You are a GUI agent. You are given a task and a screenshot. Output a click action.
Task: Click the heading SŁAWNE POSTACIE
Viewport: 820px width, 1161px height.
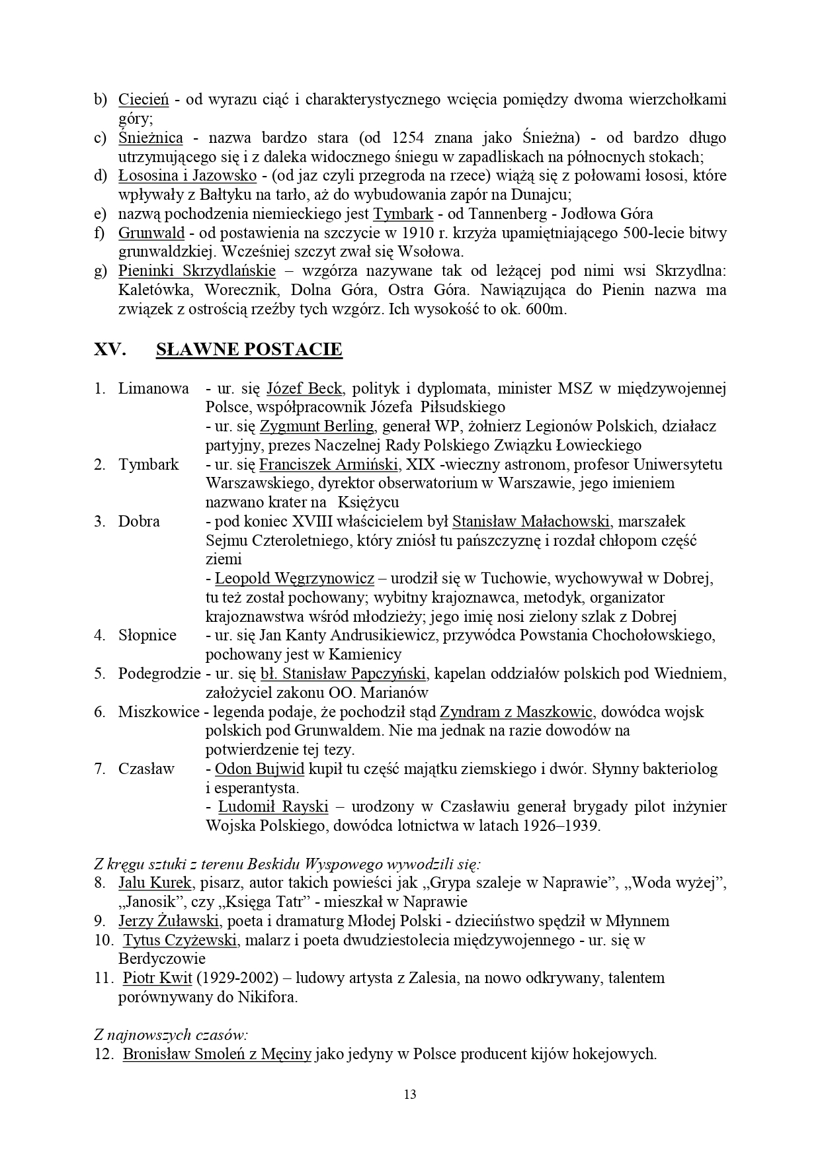[249, 350]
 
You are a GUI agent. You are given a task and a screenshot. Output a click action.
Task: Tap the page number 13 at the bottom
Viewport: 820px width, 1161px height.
[410, 1094]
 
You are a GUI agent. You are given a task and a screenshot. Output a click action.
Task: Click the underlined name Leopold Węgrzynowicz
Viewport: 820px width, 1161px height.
[294, 579]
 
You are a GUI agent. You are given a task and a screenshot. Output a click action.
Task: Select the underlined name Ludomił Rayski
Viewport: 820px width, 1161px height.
[273, 807]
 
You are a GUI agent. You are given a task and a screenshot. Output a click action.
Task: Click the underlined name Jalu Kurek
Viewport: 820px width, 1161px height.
[155, 883]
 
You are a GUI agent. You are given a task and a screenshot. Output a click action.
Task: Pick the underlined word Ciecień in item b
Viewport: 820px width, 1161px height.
[143, 100]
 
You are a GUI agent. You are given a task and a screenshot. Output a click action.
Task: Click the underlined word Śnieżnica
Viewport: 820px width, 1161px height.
[151, 138]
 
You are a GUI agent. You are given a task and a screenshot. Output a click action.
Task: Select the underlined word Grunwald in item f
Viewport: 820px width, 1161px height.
[151, 234]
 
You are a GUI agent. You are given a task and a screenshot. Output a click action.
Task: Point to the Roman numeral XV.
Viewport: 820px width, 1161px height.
[110, 350]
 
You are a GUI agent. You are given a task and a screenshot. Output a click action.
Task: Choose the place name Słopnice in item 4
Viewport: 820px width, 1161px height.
[147, 636]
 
